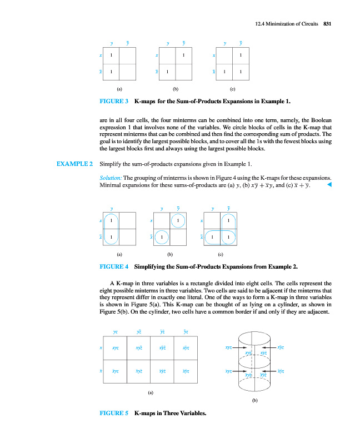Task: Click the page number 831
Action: pyautogui.click(x=327, y=24)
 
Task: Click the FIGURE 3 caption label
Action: pyautogui.click(x=114, y=102)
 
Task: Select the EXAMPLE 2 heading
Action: pyautogui.click(x=74, y=164)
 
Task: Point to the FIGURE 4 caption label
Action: pyautogui.click(x=114, y=267)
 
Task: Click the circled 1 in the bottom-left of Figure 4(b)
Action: pyautogui.click(x=162, y=237)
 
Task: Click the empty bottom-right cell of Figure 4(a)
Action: pyautogui.click(x=127, y=237)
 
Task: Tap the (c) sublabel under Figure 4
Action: pyautogui.click(x=221, y=255)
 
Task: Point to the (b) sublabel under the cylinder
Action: pyautogui.click(x=255, y=400)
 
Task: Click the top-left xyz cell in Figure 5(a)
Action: pyautogui.click(x=115, y=348)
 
